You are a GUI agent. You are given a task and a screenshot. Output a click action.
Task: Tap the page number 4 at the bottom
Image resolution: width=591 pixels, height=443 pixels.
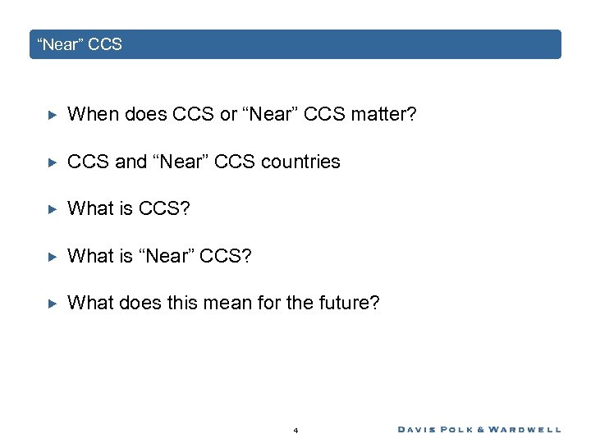[x=295, y=430]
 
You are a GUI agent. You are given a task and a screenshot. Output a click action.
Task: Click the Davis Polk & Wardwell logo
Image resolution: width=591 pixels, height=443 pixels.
[x=479, y=429]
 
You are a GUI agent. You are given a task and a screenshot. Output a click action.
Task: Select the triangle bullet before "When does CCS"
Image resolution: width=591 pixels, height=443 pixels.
[x=51, y=115]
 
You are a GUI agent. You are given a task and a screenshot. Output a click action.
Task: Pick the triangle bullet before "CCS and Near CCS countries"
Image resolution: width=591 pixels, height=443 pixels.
[x=51, y=162]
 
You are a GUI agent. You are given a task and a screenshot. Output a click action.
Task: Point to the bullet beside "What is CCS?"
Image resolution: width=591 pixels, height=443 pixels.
[x=51, y=209]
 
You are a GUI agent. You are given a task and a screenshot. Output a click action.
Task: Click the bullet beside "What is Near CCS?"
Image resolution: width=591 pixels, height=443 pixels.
[x=51, y=257]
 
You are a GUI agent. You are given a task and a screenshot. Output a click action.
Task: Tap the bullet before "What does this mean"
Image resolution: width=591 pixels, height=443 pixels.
[x=51, y=304]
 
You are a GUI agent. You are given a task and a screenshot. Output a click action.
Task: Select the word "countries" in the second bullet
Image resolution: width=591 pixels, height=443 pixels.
[x=300, y=162]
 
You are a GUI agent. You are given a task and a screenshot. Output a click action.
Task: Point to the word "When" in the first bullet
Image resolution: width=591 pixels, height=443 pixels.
[x=93, y=115]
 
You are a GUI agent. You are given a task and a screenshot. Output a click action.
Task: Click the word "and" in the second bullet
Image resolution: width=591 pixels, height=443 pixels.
[x=131, y=162]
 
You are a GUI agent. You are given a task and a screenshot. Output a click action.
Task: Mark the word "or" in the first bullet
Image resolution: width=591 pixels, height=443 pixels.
[x=229, y=115]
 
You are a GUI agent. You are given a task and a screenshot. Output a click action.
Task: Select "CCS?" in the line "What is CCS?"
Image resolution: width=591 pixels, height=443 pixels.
[x=164, y=208]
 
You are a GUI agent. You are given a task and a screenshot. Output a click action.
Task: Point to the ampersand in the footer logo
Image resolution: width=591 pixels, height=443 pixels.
[x=483, y=429]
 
